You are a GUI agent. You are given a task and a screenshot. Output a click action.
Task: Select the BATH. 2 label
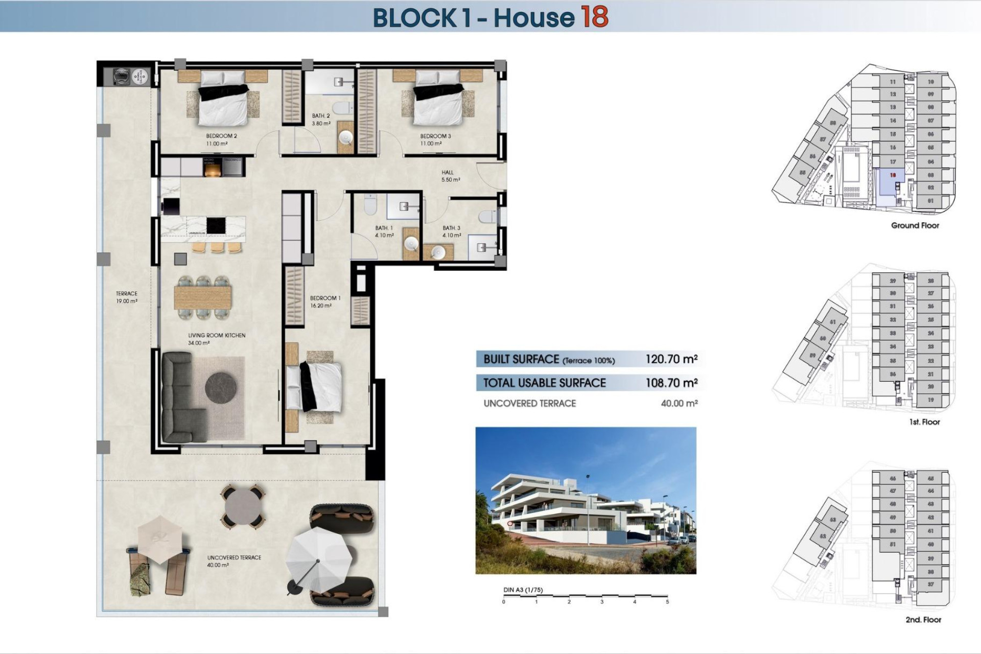(321, 120)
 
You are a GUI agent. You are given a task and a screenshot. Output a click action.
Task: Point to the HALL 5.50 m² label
(450, 176)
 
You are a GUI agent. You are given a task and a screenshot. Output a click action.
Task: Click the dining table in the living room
(202, 297)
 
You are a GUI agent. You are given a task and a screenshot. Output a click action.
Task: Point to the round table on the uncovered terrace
(243, 506)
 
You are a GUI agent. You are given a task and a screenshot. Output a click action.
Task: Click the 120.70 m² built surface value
(671, 359)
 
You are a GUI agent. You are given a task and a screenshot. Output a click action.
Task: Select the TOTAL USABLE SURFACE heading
(544, 383)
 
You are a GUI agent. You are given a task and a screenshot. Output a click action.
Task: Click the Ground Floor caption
(915, 225)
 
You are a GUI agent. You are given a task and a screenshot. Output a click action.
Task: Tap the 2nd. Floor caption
(923, 620)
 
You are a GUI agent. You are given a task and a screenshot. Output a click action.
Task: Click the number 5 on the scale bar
(667, 602)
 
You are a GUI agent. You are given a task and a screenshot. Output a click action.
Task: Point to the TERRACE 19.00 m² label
(127, 297)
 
